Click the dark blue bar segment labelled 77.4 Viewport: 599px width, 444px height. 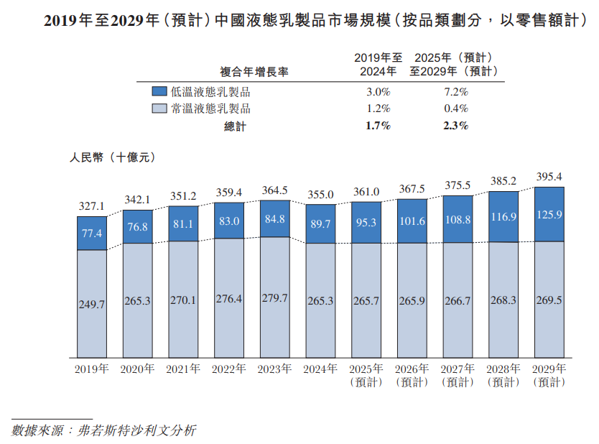(x=91, y=233)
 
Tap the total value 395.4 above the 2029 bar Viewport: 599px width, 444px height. (x=549, y=176)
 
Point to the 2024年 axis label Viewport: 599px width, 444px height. (x=320, y=369)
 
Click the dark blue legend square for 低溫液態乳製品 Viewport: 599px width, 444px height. (x=159, y=92)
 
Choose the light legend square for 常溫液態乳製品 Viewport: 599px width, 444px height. (x=159, y=109)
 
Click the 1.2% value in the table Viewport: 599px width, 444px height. (x=378, y=109)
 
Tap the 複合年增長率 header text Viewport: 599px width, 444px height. (x=254, y=72)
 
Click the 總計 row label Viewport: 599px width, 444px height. (x=235, y=126)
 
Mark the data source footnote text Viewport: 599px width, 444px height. (x=104, y=431)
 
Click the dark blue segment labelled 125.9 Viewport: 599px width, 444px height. (x=549, y=214)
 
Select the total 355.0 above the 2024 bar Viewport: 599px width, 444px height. (x=320, y=194)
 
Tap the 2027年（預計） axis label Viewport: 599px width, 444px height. (x=458, y=375)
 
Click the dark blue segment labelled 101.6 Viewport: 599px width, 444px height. (x=412, y=221)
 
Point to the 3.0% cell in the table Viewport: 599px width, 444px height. (x=378, y=92)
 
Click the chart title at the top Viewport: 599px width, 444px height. (x=299, y=22)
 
